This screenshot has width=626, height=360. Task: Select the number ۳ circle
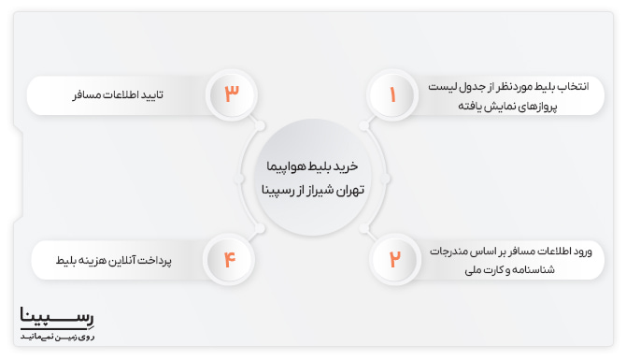pos(233,94)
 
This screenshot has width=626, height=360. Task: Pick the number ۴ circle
pos(233,258)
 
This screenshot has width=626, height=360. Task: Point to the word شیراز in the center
pos(314,187)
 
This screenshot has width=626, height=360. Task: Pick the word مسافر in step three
pos(88,95)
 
